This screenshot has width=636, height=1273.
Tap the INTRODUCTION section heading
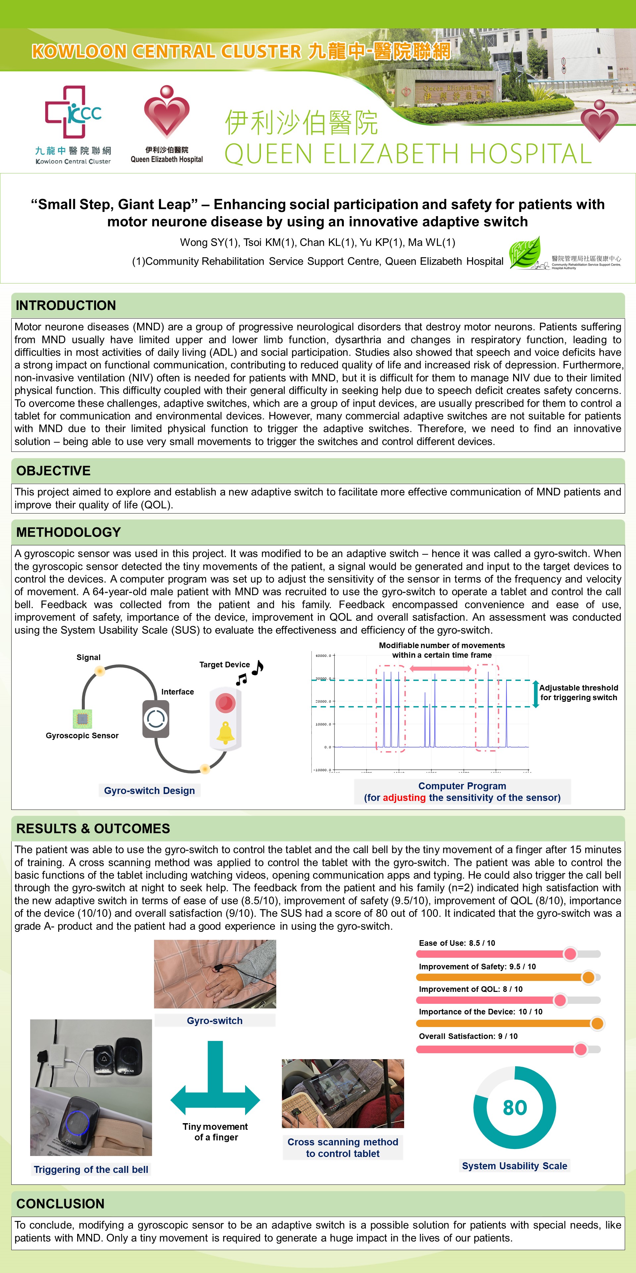(66, 305)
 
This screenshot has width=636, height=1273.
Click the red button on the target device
(225, 702)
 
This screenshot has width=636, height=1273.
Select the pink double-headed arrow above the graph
(441, 669)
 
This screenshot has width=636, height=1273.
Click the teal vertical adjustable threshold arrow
(535, 694)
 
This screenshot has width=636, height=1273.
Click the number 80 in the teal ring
(514, 1108)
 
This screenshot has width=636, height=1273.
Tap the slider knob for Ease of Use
(570, 954)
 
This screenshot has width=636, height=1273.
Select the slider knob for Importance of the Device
(597, 1023)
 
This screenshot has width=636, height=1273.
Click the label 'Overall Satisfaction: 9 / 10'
(468, 1036)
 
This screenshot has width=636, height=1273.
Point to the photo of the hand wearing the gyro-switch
(215, 974)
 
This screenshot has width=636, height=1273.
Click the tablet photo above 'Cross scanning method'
(343, 1094)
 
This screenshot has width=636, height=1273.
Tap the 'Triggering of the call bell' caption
(91, 1169)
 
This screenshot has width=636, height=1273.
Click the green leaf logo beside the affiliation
(525, 253)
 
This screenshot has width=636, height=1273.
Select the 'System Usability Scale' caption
(514, 1166)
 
